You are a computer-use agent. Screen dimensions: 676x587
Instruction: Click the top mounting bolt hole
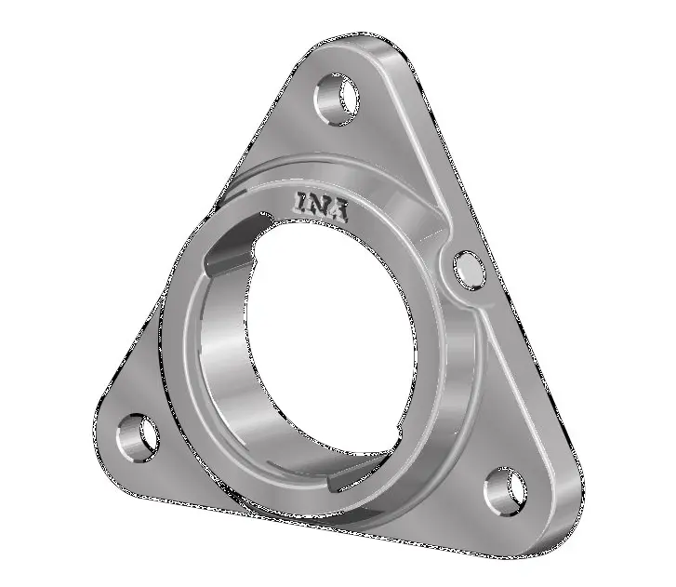[337, 100]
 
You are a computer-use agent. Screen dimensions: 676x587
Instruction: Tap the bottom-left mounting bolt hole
[138, 439]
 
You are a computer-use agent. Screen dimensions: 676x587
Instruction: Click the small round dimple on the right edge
[469, 271]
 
